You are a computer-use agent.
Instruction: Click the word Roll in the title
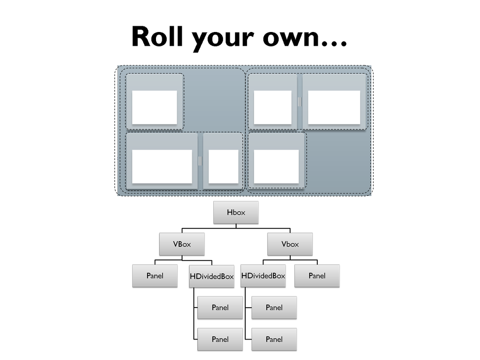157,36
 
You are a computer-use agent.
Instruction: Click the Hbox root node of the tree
236,212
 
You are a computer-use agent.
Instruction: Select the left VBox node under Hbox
182,244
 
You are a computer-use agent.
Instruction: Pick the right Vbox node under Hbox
290,244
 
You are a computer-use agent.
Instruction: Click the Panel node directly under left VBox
155,276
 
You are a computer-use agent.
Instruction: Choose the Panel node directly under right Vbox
317,276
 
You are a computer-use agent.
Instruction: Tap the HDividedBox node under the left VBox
212,276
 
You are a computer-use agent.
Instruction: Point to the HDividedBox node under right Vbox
263,276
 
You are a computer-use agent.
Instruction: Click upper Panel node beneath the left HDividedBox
220,308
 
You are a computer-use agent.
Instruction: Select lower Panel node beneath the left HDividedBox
220,339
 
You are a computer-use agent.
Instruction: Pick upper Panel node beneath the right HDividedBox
274,308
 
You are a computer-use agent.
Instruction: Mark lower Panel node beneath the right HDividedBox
274,339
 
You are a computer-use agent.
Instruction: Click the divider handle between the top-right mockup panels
300,102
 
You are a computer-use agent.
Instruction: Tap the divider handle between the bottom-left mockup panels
200,161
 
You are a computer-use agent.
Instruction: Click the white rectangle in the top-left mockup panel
155,108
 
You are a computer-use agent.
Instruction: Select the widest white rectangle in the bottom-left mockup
162,167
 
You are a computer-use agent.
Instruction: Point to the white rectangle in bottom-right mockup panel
276,167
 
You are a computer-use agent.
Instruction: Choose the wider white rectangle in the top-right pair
334,108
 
